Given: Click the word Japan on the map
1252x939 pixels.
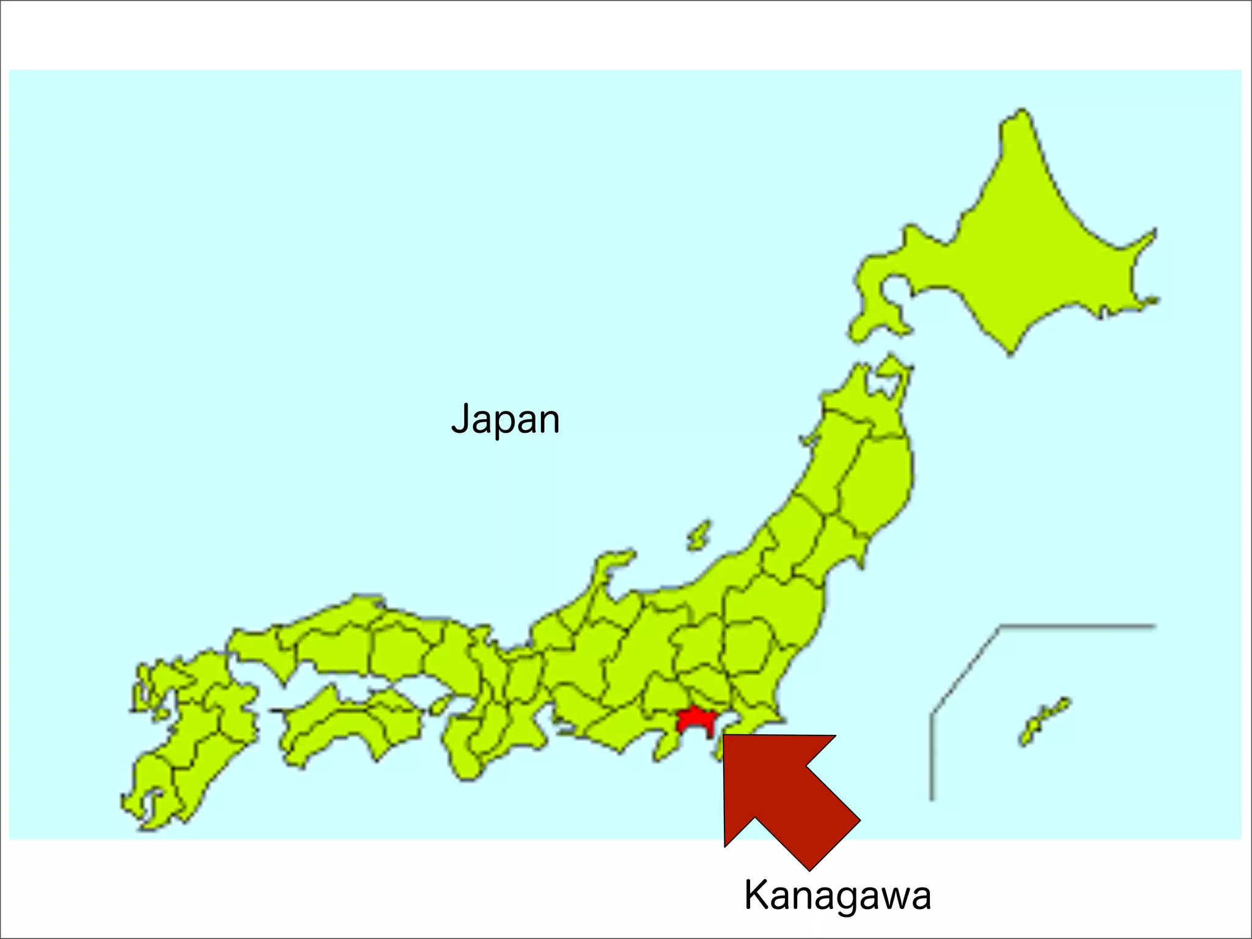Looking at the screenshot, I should coord(505,420).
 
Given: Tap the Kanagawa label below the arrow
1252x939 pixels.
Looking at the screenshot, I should coord(837,896).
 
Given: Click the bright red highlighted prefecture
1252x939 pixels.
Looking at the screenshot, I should coord(694,721).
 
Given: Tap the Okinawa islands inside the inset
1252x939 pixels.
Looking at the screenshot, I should coord(1044,721).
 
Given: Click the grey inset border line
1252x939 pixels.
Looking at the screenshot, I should coord(1076,626).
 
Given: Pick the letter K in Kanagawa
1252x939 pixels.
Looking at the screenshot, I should coord(756,896).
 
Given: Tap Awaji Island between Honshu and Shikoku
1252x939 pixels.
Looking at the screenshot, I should coord(439,707).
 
